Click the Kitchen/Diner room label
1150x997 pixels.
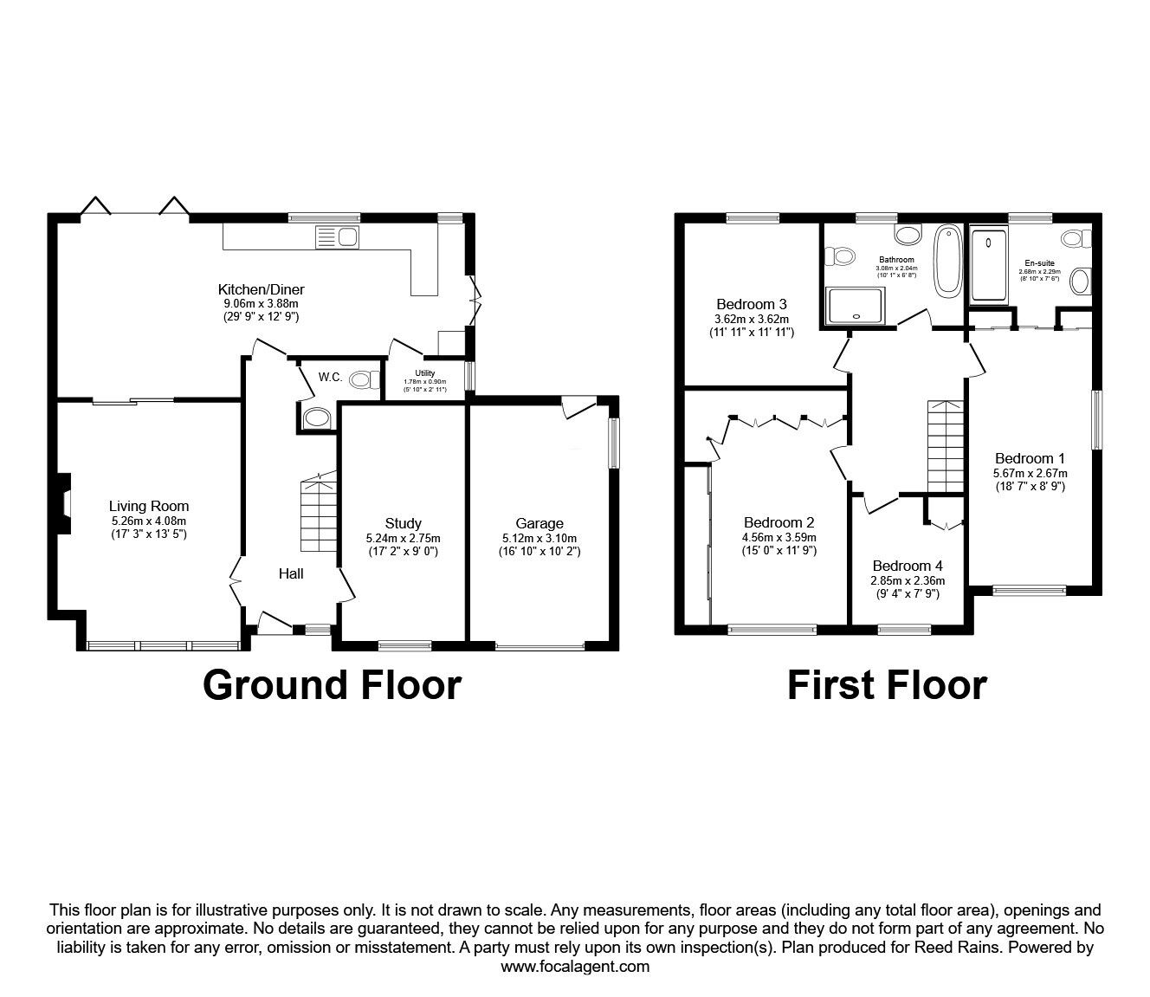[261, 289]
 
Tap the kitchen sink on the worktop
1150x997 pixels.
[337, 236]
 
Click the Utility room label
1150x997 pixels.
[424, 373]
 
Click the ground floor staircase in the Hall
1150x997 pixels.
[318, 519]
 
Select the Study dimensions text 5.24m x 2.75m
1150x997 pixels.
[403, 537]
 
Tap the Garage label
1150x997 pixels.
[539, 523]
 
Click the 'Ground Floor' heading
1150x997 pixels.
[332, 684]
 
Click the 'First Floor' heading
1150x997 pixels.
[886, 684]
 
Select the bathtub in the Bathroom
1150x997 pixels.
[948, 259]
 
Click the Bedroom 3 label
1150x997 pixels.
[751, 304]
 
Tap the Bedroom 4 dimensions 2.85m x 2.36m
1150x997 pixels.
[907, 580]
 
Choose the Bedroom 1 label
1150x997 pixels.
[1030, 458]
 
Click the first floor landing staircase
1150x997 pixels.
[945, 445]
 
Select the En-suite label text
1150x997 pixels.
[1039, 262]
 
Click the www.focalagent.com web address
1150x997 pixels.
[575, 967]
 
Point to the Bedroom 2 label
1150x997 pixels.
[779, 522]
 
